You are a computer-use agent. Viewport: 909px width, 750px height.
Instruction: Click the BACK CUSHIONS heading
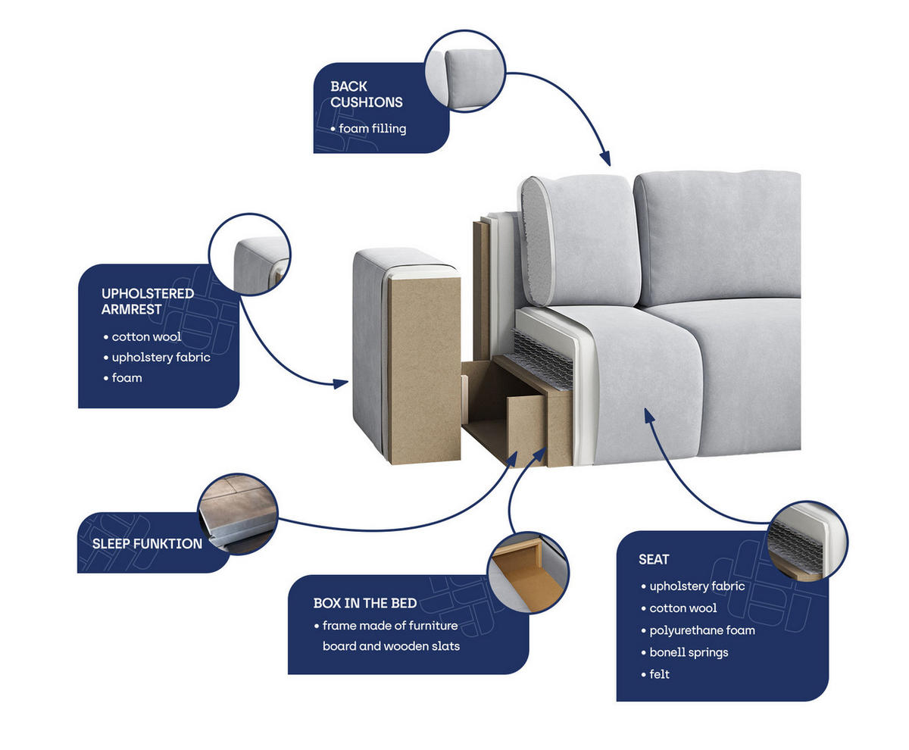click(x=366, y=94)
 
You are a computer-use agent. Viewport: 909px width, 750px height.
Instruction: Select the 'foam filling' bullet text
click(x=372, y=129)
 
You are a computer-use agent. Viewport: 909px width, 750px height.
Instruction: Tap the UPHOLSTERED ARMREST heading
click(x=148, y=301)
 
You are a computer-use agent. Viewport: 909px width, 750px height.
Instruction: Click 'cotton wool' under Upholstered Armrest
click(x=146, y=336)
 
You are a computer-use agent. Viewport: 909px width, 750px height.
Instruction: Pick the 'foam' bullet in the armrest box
click(x=127, y=377)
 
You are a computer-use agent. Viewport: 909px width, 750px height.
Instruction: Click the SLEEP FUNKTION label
click(x=147, y=543)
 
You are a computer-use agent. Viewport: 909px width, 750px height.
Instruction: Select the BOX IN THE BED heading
click(x=365, y=603)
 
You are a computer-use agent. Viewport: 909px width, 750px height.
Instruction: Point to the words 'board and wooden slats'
click(x=391, y=646)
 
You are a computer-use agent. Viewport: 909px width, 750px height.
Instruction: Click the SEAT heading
click(x=654, y=559)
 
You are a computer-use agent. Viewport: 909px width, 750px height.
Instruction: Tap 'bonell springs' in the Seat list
click(x=689, y=652)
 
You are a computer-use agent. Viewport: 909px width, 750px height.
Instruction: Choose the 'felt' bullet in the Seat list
click(x=659, y=674)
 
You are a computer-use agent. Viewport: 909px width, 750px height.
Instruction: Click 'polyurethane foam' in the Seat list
click(x=702, y=630)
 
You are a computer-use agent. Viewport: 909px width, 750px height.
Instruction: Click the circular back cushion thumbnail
click(x=465, y=71)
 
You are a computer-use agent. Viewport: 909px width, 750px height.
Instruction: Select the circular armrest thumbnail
click(x=249, y=255)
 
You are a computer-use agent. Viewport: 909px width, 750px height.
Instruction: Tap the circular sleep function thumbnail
click(x=238, y=514)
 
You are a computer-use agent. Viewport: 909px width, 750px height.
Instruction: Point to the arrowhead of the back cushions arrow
click(x=605, y=159)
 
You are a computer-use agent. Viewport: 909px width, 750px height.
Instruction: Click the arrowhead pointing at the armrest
click(x=341, y=383)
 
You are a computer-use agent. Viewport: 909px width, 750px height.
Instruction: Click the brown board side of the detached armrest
click(x=423, y=370)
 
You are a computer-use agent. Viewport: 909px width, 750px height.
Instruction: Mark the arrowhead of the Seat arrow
click(x=649, y=415)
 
